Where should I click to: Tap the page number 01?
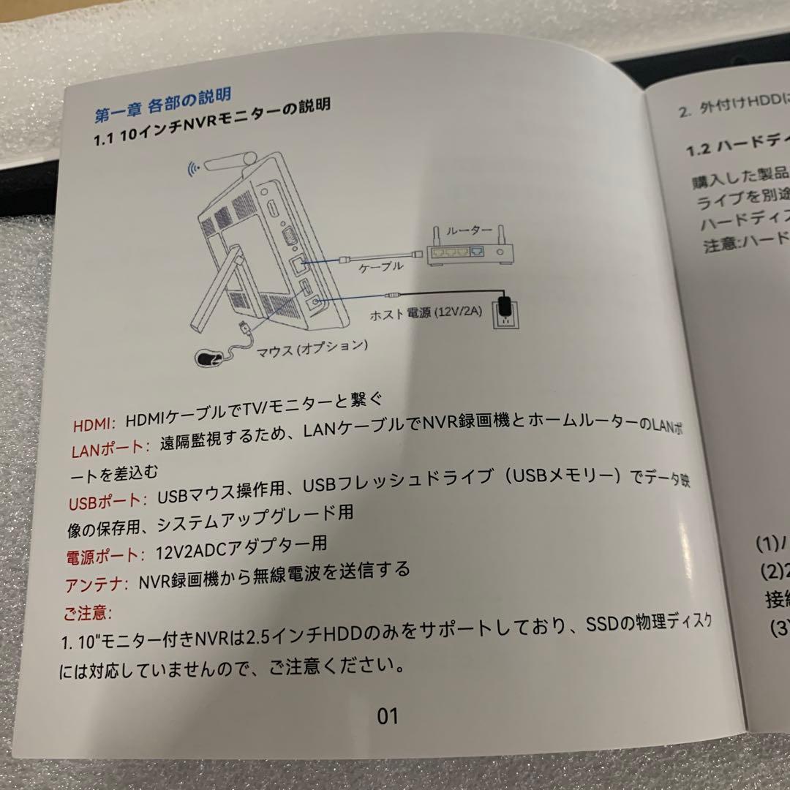click(x=388, y=715)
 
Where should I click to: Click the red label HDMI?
click(x=94, y=425)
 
